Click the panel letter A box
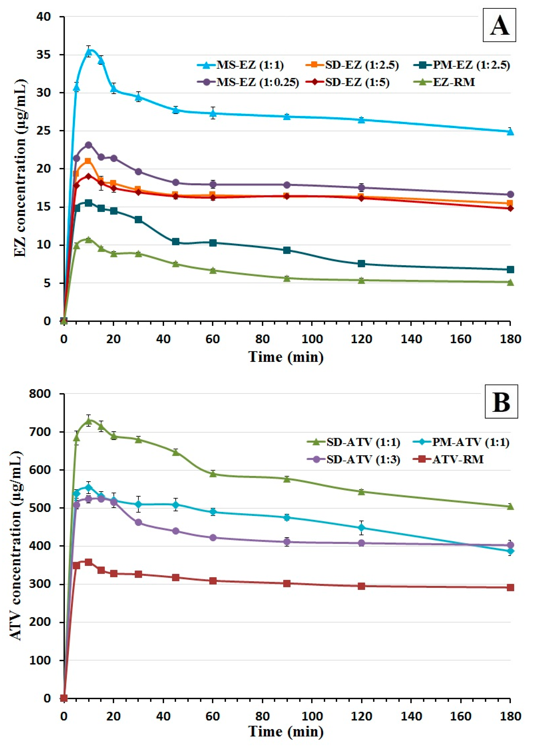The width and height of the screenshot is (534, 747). [x=499, y=26]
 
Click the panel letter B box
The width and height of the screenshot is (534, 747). [x=501, y=402]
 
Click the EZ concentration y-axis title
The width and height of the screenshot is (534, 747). [x=20, y=169]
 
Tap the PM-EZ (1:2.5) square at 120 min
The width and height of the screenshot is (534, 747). [x=361, y=263]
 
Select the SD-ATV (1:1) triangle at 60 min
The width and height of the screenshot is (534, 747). [x=213, y=474]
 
